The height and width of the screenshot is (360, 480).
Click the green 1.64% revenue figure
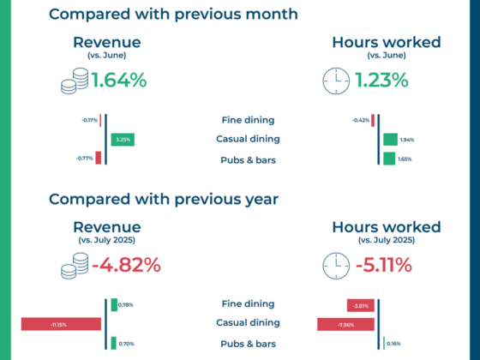tap(119, 81)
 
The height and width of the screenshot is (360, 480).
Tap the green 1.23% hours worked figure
tap(381, 81)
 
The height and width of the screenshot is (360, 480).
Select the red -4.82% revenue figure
tap(126, 265)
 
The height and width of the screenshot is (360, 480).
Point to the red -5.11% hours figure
tap(384, 265)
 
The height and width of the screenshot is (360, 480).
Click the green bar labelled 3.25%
tap(123, 140)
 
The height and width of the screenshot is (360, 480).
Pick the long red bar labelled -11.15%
tap(61, 324)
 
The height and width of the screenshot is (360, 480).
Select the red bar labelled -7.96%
tap(345, 325)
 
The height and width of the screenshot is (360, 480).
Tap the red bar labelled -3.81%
tap(360, 305)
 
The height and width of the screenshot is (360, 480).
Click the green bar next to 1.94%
tap(390, 140)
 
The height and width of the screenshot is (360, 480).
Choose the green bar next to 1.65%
tap(389, 159)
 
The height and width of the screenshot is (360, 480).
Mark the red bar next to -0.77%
tap(98, 158)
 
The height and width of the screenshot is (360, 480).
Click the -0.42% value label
tap(361, 120)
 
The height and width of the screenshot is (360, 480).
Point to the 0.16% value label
tap(393, 344)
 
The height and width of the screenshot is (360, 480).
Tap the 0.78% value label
tap(125, 305)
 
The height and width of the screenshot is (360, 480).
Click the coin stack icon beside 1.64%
tap(75, 81)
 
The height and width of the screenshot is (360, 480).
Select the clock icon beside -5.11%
tap(336, 266)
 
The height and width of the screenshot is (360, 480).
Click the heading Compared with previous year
tap(164, 200)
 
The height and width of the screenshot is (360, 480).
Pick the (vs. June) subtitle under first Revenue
tap(107, 56)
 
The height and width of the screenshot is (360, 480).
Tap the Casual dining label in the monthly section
tap(248, 139)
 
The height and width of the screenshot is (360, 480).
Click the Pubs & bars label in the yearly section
tap(249, 344)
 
